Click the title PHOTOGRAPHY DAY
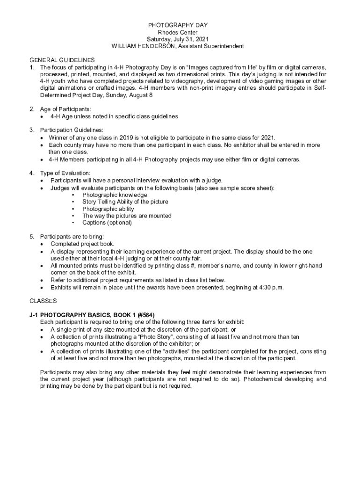[178, 25]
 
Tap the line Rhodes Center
[178, 32]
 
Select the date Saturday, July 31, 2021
[178, 39]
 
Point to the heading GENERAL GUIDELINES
[62, 60]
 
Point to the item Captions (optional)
[107, 223]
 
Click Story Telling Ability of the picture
[125, 202]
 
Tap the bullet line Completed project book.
[82, 244]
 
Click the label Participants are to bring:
[72, 236]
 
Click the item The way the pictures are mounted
[127, 216]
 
